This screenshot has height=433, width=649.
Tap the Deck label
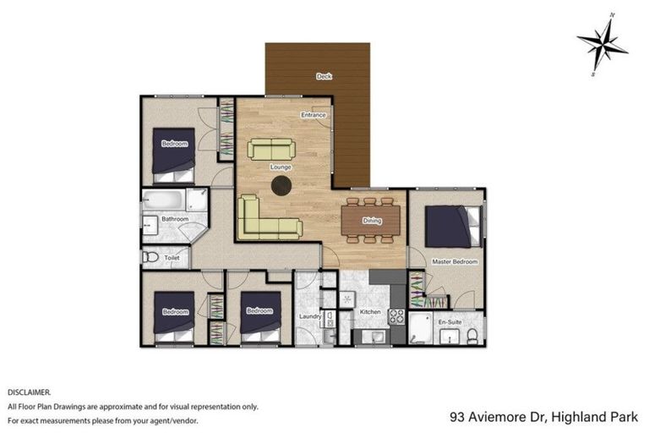[x=323, y=77]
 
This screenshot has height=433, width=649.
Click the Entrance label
[x=314, y=115]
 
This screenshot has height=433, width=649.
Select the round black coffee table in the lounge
[x=281, y=186]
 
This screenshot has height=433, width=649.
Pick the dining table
[x=372, y=221]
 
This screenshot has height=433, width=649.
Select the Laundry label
[x=308, y=317]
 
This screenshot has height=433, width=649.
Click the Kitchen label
[x=369, y=312]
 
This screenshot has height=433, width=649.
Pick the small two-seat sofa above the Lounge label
[x=271, y=150]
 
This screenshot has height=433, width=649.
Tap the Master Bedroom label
[x=454, y=262]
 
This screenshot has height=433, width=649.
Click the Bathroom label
[x=175, y=219]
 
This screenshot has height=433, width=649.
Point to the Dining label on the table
[x=371, y=222]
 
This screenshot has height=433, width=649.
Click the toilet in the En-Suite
[x=472, y=337]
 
